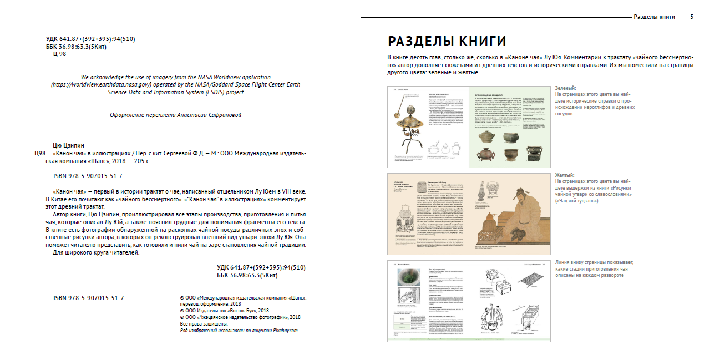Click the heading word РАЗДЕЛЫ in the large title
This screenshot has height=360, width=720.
coord(417,41)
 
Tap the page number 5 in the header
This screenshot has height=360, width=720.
coord(692,17)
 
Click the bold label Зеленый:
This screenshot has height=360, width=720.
coord(565,88)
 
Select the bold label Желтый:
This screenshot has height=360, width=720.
coord(565,175)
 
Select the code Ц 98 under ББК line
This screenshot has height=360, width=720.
coord(59,54)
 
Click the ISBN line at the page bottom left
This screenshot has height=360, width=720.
coord(88,298)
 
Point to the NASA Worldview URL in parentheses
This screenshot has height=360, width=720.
coord(99,85)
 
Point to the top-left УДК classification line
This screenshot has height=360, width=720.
coord(90,39)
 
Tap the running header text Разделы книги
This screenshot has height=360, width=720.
coord(654,17)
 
